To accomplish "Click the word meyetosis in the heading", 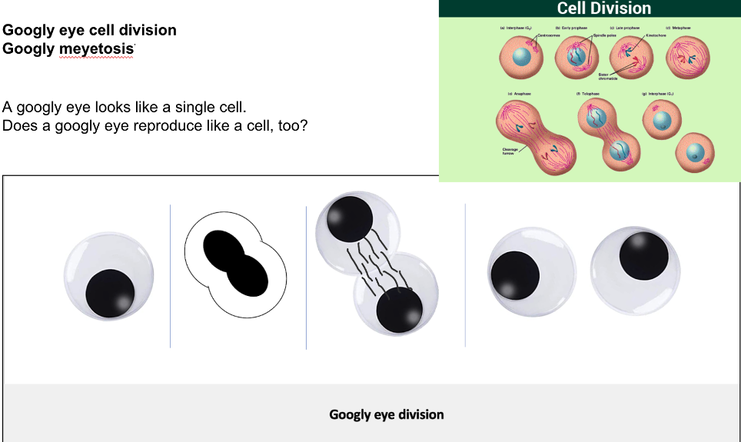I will pyautogui.click(x=99, y=48).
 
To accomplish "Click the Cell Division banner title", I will pyautogui.click(x=603, y=8).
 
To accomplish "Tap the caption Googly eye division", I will pyautogui.click(x=387, y=414).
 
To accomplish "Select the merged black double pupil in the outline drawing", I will pyautogui.click(x=235, y=263).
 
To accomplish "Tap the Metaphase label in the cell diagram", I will pyautogui.click(x=680, y=28).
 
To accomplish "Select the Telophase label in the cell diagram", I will pyautogui.click(x=589, y=92).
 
